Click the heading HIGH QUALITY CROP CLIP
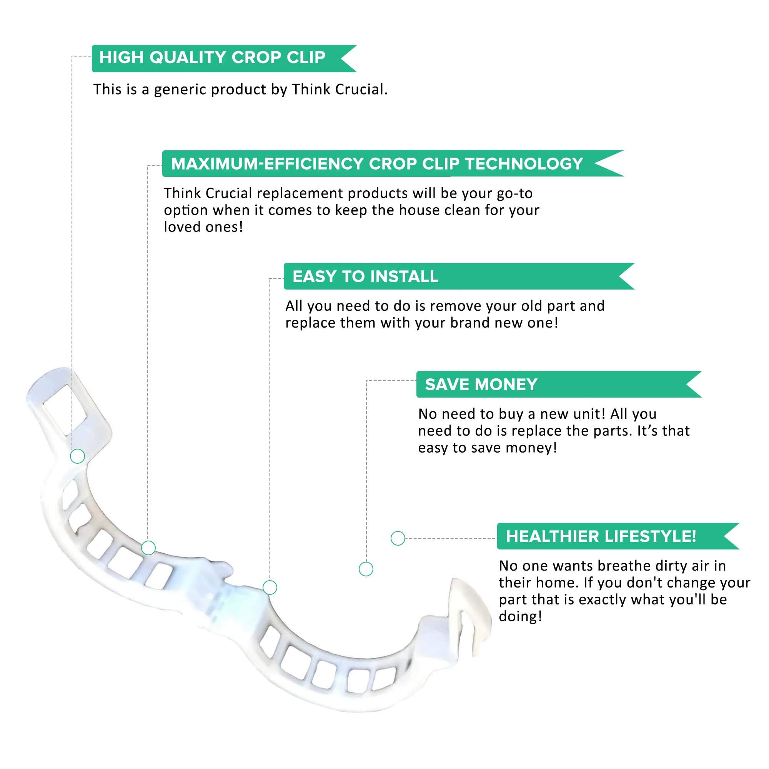212,58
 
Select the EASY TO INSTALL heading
365,276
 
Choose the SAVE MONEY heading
481,385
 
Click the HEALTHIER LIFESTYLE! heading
601,536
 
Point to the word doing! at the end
520,617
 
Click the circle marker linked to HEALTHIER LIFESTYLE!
398,538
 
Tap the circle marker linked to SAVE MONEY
366,569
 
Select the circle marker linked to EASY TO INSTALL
270,588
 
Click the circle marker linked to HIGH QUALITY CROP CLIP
77,456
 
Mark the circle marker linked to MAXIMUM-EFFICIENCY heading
148,548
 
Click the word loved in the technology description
181,227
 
